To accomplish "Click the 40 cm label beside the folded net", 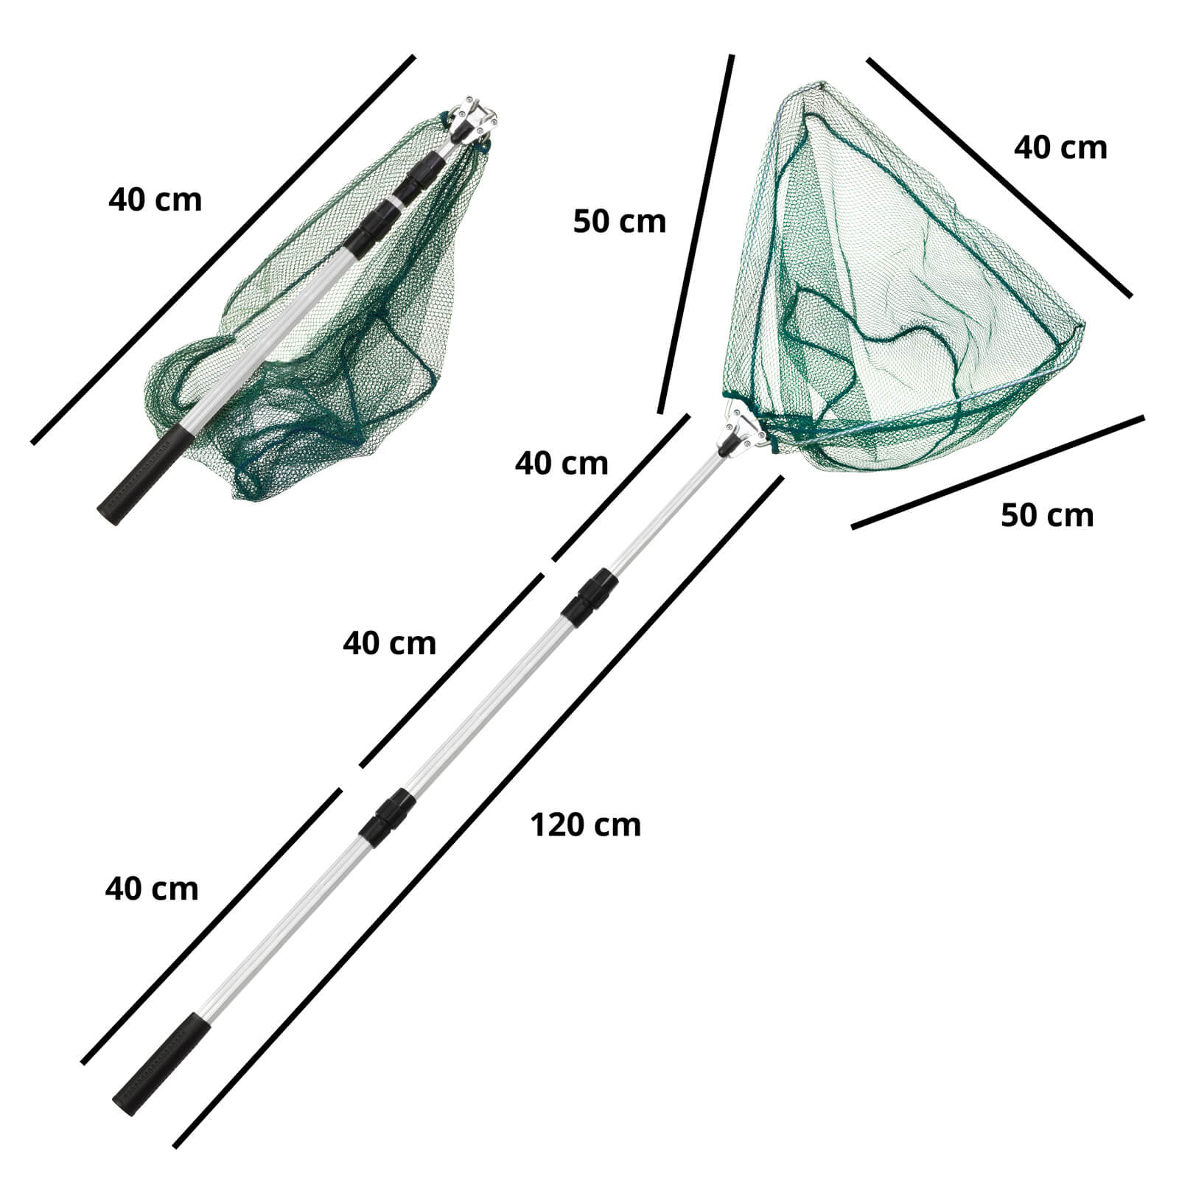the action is (155, 200).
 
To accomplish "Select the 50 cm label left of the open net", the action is (619, 221).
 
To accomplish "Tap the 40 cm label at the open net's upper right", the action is (1060, 147).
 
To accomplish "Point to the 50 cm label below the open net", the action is (1047, 515).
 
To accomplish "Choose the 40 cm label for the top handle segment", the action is (561, 463).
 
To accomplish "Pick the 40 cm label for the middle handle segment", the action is (389, 643).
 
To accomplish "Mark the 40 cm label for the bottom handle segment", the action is (152, 889).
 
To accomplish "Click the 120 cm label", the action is (586, 825).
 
